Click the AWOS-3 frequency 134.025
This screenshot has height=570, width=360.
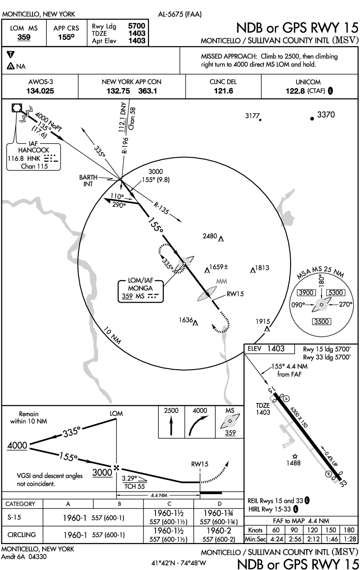point(40,91)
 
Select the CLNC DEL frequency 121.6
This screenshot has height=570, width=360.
point(223,91)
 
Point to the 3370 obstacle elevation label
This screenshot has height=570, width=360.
point(326,114)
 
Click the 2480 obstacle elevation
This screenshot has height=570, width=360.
point(210,236)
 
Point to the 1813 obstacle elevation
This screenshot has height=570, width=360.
point(262,267)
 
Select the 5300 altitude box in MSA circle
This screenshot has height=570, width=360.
point(335,292)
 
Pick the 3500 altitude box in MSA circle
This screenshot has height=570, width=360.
point(322,322)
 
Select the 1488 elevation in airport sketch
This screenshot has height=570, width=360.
point(295,462)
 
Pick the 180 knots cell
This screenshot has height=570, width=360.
point(348,530)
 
